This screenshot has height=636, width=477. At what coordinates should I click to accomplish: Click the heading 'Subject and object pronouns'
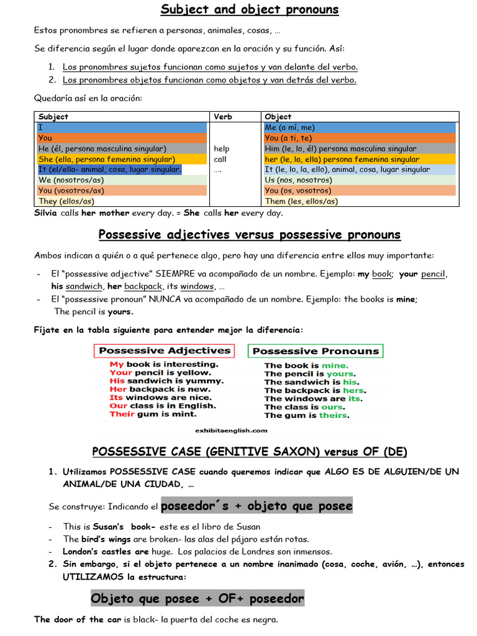point(250,9)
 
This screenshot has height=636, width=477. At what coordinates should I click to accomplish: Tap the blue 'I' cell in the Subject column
point(122,127)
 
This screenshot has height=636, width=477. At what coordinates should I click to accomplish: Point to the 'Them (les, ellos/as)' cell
point(301,201)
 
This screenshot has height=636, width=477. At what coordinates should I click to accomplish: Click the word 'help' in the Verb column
point(221,148)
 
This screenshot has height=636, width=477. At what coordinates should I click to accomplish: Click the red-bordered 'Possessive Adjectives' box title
point(165,350)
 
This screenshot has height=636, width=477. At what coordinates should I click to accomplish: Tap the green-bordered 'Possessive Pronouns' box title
point(316,351)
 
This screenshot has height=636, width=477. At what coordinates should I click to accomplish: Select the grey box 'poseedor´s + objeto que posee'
point(257,506)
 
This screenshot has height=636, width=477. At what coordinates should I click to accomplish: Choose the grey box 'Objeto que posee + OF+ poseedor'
point(198,599)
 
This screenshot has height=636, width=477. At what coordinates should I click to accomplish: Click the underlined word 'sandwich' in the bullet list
point(84,286)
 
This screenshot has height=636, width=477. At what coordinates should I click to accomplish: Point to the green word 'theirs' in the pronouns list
point(333,416)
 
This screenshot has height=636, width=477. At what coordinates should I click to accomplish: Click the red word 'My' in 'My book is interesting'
point(117,365)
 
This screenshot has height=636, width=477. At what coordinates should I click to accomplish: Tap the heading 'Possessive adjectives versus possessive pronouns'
point(250,235)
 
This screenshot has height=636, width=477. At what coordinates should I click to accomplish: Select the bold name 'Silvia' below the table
point(46,213)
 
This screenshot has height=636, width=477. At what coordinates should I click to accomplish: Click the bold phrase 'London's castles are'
point(106,552)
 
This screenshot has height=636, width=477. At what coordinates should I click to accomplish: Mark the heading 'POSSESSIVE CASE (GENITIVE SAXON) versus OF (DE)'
point(250,452)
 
